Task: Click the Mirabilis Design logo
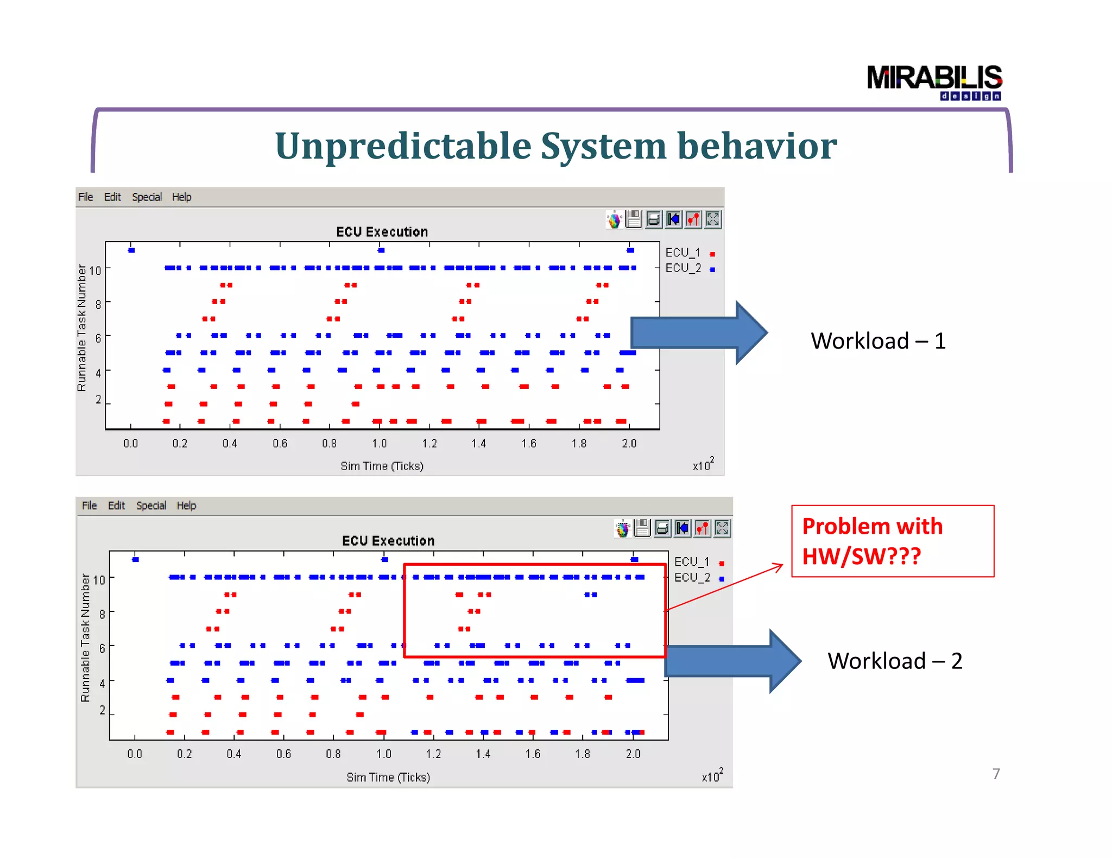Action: (x=934, y=82)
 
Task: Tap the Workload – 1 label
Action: (x=878, y=341)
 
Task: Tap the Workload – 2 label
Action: (x=895, y=661)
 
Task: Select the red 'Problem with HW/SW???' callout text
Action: (x=872, y=541)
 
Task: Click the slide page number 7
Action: (x=996, y=774)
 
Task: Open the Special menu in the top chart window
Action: (x=147, y=197)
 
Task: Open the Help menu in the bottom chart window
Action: (x=186, y=506)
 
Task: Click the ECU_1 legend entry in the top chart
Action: (x=683, y=253)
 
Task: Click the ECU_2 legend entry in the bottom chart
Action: (x=692, y=578)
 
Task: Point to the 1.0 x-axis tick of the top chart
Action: (x=379, y=444)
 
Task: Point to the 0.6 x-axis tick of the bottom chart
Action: (x=283, y=754)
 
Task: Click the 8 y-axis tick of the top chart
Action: (x=98, y=305)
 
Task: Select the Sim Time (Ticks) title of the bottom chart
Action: (x=388, y=778)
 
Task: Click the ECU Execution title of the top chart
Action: (x=382, y=232)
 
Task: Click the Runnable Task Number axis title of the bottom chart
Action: (x=85, y=638)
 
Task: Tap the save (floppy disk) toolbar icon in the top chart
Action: (x=634, y=219)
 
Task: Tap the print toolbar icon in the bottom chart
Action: (x=662, y=528)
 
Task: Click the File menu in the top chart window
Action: (x=85, y=197)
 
